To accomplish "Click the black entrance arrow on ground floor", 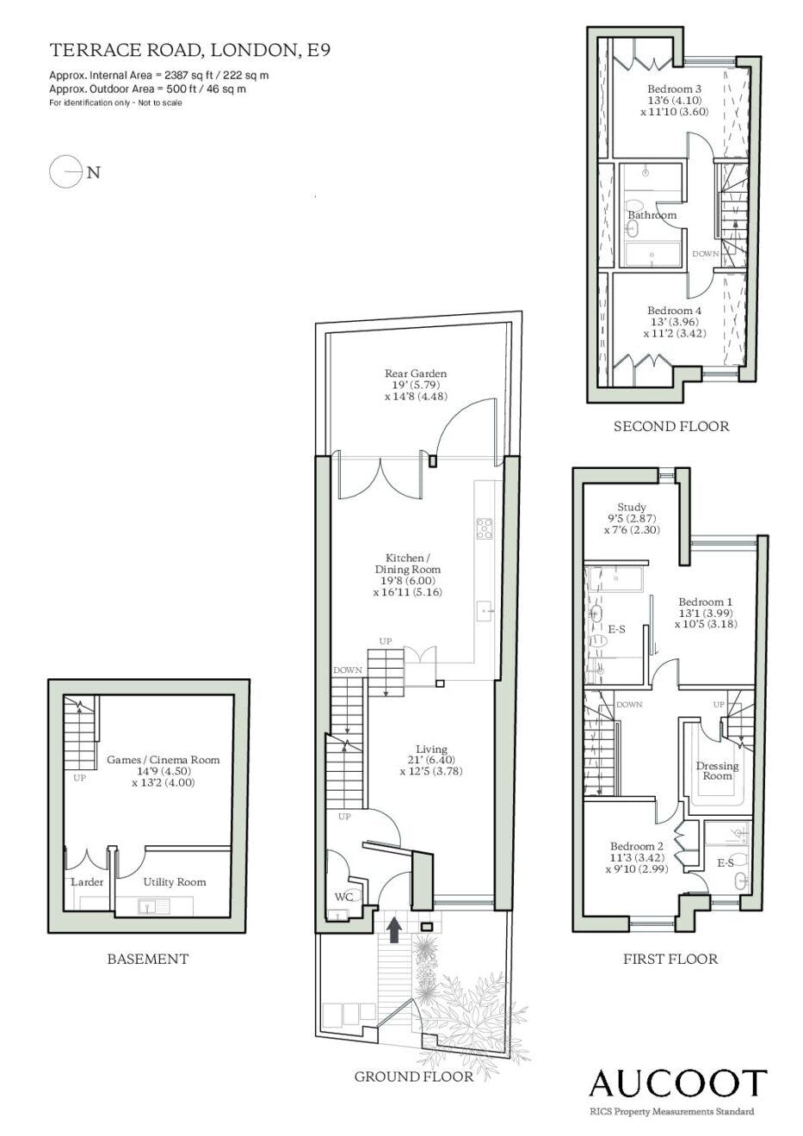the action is coord(395,930).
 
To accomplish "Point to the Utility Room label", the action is coord(175,882).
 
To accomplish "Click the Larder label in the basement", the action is coord(87,882).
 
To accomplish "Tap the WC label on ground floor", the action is coord(343,897).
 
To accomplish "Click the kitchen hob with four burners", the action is coord(485,528).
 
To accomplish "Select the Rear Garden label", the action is coord(416,374).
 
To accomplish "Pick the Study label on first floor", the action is coord(632,507).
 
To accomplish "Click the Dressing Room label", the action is coord(717,771).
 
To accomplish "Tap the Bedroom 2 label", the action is coord(637,847).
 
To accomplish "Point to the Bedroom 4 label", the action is coord(674,311).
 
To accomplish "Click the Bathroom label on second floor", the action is coord(652,215).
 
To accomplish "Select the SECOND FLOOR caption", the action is coord(671,427).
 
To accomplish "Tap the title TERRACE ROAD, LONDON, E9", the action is coord(190,50).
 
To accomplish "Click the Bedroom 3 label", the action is coord(674,89).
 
